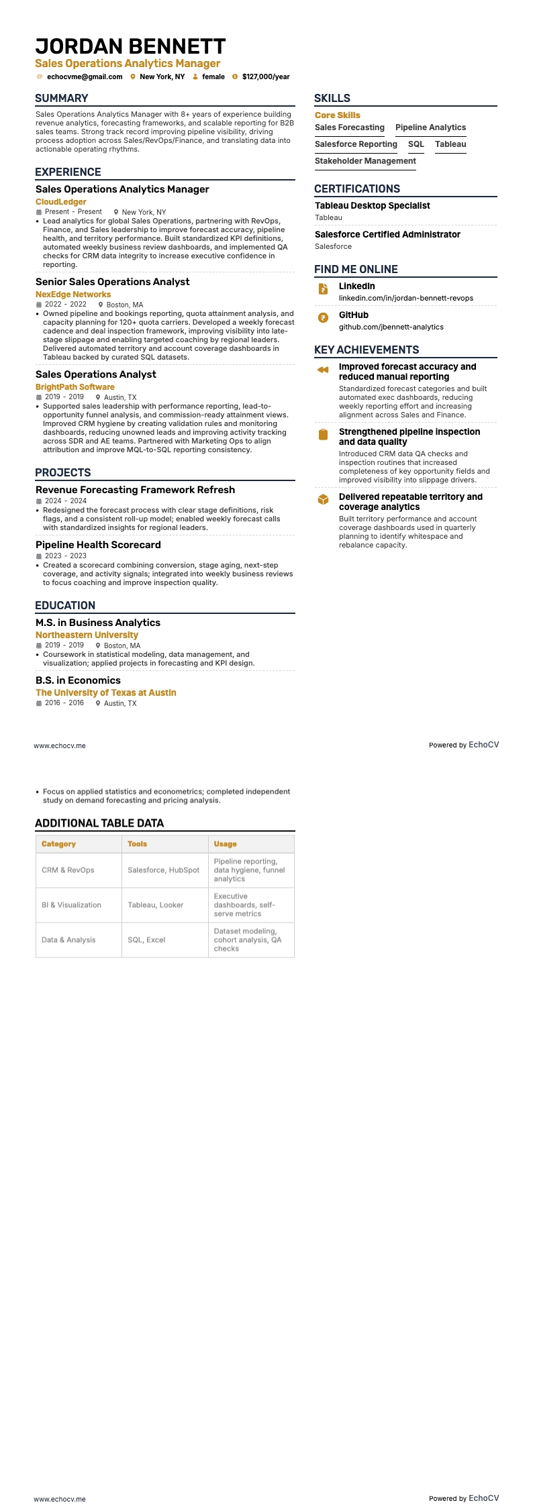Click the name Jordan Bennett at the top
click(130, 46)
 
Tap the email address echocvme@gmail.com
click(85, 76)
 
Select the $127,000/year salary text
click(266, 76)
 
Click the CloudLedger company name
click(61, 201)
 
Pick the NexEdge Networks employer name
click(73, 294)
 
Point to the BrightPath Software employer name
click(75, 386)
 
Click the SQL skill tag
click(416, 144)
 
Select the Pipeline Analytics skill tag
click(430, 127)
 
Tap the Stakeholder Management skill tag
click(365, 161)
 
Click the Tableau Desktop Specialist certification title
click(373, 205)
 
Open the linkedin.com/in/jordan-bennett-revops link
click(405, 298)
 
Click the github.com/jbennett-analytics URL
click(391, 327)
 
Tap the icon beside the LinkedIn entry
click(323, 289)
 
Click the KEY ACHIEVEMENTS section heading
click(367, 350)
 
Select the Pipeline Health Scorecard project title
click(98, 545)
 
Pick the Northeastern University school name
click(87, 635)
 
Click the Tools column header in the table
click(137, 844)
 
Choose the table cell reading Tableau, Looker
click(155, 905)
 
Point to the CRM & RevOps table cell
click(68, 870)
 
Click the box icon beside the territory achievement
click(323, 499)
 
